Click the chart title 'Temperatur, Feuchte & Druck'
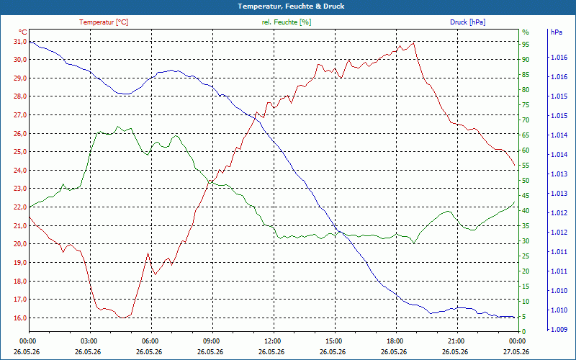click(x=291, y=6)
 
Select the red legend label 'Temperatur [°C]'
click(x=104, y=22)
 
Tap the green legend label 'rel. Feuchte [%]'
click(x=286, y=22)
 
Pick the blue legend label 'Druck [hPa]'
click(x=467, y=22)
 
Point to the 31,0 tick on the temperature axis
click(x=19, y=42)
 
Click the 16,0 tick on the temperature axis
click(x=19, y=318)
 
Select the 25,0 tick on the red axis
click(x=19, y=152)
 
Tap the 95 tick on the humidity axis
click(x=526, y=45)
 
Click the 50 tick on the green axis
click(x=526, y=181)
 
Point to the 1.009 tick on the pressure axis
click(x=559, y=330)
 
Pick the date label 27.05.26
click(x=516, y=351)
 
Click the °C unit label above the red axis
click(x=22, y=32)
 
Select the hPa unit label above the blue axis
click(x=557, y=32)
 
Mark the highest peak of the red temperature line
click(x=413, y=43)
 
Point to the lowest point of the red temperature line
click(x=122, y=318)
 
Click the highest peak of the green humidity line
click(x=118, y=127)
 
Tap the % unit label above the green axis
click(x=526, y=32)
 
